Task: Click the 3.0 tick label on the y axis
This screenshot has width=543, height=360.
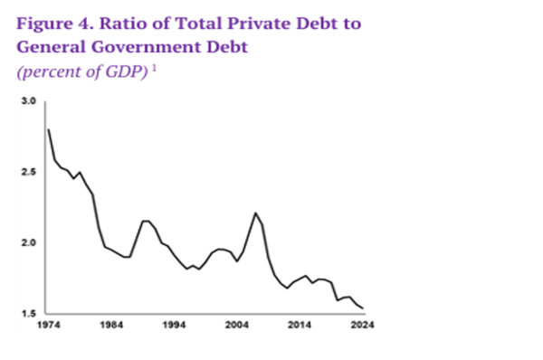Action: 27,101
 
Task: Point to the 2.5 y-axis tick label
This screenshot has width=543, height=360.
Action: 27,172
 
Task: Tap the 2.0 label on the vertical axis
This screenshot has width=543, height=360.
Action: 27,242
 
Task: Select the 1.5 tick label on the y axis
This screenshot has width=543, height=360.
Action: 27,313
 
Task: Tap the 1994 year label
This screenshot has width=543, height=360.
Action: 175,324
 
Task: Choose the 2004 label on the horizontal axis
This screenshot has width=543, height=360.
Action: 237,324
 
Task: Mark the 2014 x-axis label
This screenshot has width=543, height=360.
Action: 300,324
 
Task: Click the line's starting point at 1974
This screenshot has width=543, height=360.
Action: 48,129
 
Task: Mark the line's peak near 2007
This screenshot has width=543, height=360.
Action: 256,213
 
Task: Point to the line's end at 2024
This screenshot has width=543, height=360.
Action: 363,308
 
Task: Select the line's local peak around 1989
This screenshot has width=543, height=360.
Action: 144,221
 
